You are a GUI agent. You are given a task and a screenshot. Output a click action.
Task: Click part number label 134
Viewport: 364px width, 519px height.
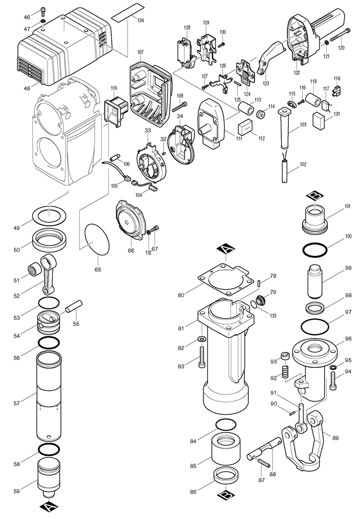pyautogui.click(x=140, y=20)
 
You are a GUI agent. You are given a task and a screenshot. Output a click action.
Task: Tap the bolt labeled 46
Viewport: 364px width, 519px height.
pyautogui.click(x=43, y=11)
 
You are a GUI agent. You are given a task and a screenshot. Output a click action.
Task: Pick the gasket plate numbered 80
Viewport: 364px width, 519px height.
pyautogui.click(x=223, y=279)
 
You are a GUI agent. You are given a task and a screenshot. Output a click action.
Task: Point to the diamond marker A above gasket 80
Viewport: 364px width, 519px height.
pyautogui.click(x=225, y=249)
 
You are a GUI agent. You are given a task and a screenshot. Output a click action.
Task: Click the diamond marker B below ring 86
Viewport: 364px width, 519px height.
pyautogui.click(x=226, y=495)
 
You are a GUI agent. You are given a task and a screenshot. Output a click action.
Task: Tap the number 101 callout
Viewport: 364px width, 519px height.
pyautogui.click(x=348, y=206)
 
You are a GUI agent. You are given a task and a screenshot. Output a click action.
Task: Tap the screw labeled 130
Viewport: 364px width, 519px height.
pyautogui.click(x=222, y=44)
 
